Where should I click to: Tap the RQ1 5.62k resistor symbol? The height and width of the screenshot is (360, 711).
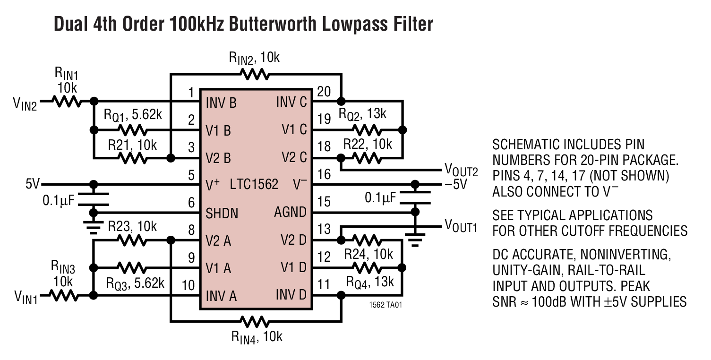click(x=132, y=129)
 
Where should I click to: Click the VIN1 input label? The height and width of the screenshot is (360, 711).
click(x=26, y=297)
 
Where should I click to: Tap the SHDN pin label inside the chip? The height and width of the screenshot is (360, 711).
click(x=222, y=214)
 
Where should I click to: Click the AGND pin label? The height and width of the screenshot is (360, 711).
click(x=290, y=212)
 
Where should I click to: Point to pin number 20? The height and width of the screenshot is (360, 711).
click(x=324, y=92)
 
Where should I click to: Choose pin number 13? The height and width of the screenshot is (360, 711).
click(x=324, y=230)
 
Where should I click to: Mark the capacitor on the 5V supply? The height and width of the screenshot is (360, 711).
click(x=94, y=199)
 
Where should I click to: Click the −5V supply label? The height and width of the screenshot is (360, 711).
click(x=455, y=184)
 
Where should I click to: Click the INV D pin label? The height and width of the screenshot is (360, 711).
click(x=291, y=295)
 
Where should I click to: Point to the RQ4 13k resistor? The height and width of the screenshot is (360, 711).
click(x=366, y=268)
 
